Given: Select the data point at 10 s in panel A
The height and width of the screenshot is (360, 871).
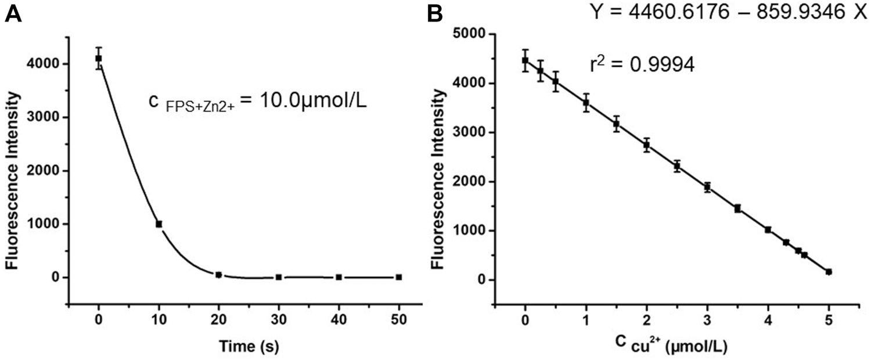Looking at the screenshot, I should pos(159,224).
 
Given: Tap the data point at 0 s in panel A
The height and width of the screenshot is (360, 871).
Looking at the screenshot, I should pos(99,58).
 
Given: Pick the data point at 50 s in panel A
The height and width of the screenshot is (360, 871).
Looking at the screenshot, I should pos(399,277).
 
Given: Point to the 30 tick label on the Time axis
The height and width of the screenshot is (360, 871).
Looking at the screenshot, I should pos(279,319).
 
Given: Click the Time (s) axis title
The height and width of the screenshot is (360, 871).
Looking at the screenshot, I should pos(249,347).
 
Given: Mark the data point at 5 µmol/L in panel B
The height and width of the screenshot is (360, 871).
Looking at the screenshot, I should pos(829,272).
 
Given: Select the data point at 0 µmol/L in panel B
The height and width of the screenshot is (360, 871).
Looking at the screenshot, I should pos(526,60).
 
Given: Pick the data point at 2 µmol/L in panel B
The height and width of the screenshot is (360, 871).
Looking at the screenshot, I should pos(647,145).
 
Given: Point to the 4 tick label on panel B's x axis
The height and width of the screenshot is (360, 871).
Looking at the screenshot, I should pos(768,319).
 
